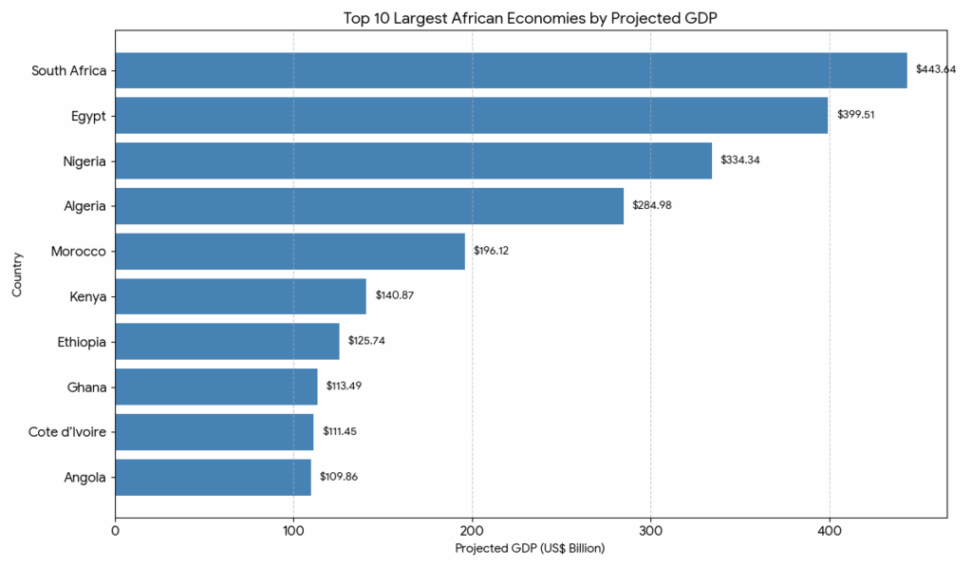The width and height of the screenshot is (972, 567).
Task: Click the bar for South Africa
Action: point(511,70)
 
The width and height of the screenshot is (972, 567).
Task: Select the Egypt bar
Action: point(471,115)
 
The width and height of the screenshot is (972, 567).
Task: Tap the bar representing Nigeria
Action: point(413,161)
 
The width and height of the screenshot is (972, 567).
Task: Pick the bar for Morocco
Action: point(290,251)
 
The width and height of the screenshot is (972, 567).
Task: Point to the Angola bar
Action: point(213,477)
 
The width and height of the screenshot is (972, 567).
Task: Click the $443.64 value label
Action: point(935,69)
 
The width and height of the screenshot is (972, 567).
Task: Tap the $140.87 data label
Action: point(395,295)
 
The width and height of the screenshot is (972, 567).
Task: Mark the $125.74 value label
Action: point(367,341)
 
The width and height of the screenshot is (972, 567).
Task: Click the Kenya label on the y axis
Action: point(87,296)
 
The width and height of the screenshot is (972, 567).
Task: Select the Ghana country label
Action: point(86,387)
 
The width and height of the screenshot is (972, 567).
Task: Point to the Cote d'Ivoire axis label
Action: point(67,432)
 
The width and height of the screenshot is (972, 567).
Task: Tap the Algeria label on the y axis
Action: point(84,206)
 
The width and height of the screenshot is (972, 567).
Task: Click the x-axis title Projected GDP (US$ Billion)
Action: point(530,549)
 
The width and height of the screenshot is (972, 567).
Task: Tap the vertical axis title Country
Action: point(17,274)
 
